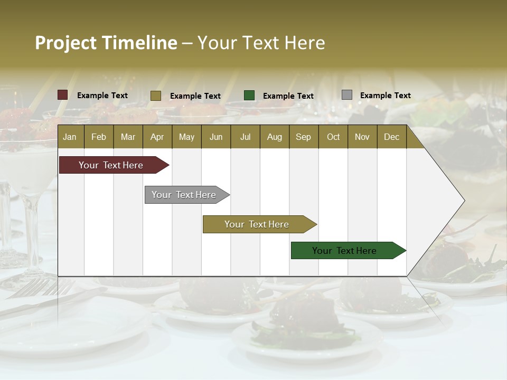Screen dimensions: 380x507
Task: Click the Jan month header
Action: click(x=70, y=137)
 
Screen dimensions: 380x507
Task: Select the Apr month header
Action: click(x=157, y=137)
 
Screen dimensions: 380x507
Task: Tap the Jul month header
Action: click(x=245, y=137)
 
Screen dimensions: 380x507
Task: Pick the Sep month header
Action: click(x=303, y=137)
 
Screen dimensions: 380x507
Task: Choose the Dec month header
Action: click(x=391, y=137)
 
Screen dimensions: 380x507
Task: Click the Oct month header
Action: click(x=333, y=137)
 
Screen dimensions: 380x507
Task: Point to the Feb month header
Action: click(x=99, y=137)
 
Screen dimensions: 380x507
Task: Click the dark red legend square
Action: click(x=63, y=95)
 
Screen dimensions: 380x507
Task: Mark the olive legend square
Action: click(x=156, y=96)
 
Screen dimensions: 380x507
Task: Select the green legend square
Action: click(x=249, y=96)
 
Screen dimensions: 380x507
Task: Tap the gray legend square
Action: click(x=347, y=95)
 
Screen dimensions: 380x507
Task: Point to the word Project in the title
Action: click(x=65, y=43)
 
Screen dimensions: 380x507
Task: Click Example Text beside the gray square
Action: click(x=385, y=96)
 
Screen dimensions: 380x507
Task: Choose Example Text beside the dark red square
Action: click(x=102, y=96)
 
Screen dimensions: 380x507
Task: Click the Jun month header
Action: click(x=215, y=137)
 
